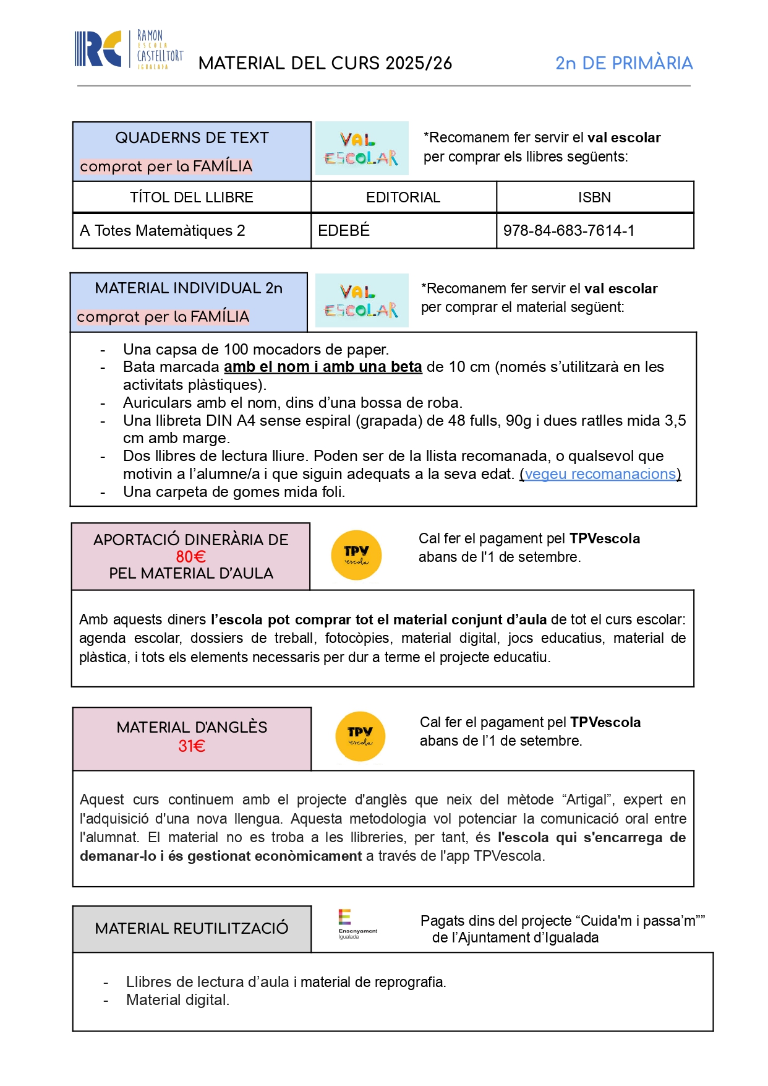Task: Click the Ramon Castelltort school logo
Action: (129, 50)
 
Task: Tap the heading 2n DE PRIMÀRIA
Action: (623, 63)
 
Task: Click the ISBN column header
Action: (594, 197)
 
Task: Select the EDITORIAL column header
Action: (403, 197)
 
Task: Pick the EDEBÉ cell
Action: (344, 231)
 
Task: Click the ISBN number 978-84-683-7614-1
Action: (568, 231)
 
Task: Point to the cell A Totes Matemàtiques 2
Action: (163, 231)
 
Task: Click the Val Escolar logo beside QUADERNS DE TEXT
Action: (362, 149)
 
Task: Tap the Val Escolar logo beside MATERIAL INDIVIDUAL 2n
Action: (362, 300)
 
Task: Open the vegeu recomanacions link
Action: (600, 474)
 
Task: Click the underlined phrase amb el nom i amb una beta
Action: (323, 367)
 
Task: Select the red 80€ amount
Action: (190, 556)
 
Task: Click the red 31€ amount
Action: (191, 746)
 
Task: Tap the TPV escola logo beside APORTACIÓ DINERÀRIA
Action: (356, 555)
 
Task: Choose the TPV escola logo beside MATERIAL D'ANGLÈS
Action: (360, 736)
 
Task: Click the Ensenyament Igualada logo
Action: (357, 924)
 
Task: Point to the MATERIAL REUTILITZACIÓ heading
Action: (192, 928)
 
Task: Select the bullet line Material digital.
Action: (177, 1000)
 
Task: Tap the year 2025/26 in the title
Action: (418, 63)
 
